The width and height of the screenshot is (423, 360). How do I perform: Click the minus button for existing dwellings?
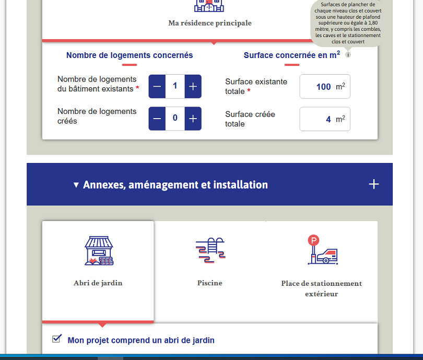(x=157, y=86)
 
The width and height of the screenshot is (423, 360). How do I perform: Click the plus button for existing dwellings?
(x=193, y=86)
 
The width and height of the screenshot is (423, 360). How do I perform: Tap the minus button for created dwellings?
(x=157, y=119)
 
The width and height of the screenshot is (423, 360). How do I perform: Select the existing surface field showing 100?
(x=324, y=87)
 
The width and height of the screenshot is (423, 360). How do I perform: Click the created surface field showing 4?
(x=324, y=119)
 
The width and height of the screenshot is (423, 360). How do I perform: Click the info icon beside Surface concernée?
(x=348, y=55)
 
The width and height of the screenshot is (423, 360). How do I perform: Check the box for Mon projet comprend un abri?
(x=57, y=339)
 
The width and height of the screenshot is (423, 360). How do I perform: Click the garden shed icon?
(x=98, y=251)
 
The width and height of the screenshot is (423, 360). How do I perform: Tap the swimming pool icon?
(x=210, y=250)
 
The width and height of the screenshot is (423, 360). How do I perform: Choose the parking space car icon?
(x=322, y=250)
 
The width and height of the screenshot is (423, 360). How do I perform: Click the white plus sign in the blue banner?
(x=373, y=184)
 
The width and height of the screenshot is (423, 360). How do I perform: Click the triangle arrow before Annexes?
(x=76, y=185)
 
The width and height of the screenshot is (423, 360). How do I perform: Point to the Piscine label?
(x=210, y=283)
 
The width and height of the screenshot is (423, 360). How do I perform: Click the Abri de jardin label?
(x=98, y=283)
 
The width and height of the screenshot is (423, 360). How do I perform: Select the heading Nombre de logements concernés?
(x=130, y=55)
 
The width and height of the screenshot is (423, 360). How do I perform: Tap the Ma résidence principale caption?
(x=210, y=23)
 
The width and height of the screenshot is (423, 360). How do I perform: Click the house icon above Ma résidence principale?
(x=209, y=5)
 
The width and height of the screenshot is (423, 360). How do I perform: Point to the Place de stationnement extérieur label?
(x=322, y=288)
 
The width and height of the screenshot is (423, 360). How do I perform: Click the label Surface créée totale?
(x=250, y=119)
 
